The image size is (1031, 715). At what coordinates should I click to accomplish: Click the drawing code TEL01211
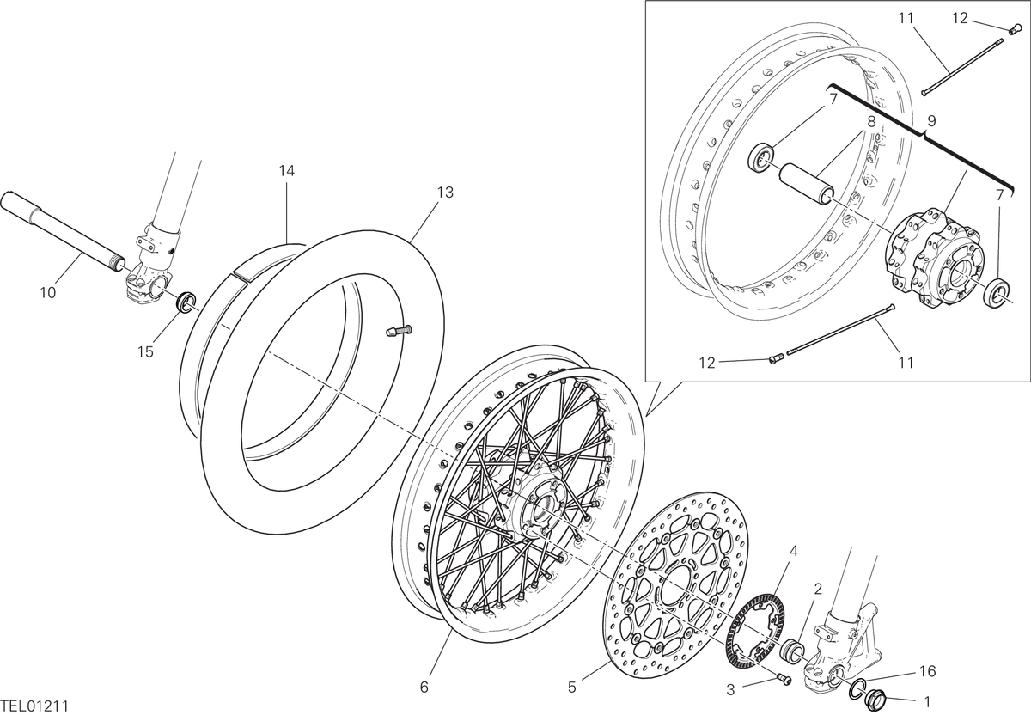tap(34, 706)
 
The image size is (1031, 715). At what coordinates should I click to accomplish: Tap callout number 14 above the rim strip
tap(286, 171)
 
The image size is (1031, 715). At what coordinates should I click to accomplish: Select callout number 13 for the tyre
tap(445, 192)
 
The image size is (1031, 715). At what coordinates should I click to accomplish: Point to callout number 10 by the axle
tap(48, 293)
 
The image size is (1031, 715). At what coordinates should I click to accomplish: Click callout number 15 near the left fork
tap(145, 352)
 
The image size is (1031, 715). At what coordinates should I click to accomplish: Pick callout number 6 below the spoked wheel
tap(424, 687)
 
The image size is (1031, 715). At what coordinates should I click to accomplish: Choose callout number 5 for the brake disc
tap(571, 687)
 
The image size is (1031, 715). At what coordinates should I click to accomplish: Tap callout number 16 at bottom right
tap(928, 671)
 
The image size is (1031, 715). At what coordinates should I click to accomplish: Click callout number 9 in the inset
tap(931, 121)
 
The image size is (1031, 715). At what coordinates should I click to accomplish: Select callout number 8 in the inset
tap(871, 122)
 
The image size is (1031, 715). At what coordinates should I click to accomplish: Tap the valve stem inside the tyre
tap(399, 331)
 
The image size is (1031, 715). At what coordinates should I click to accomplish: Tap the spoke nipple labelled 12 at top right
tap(1012, 31)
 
